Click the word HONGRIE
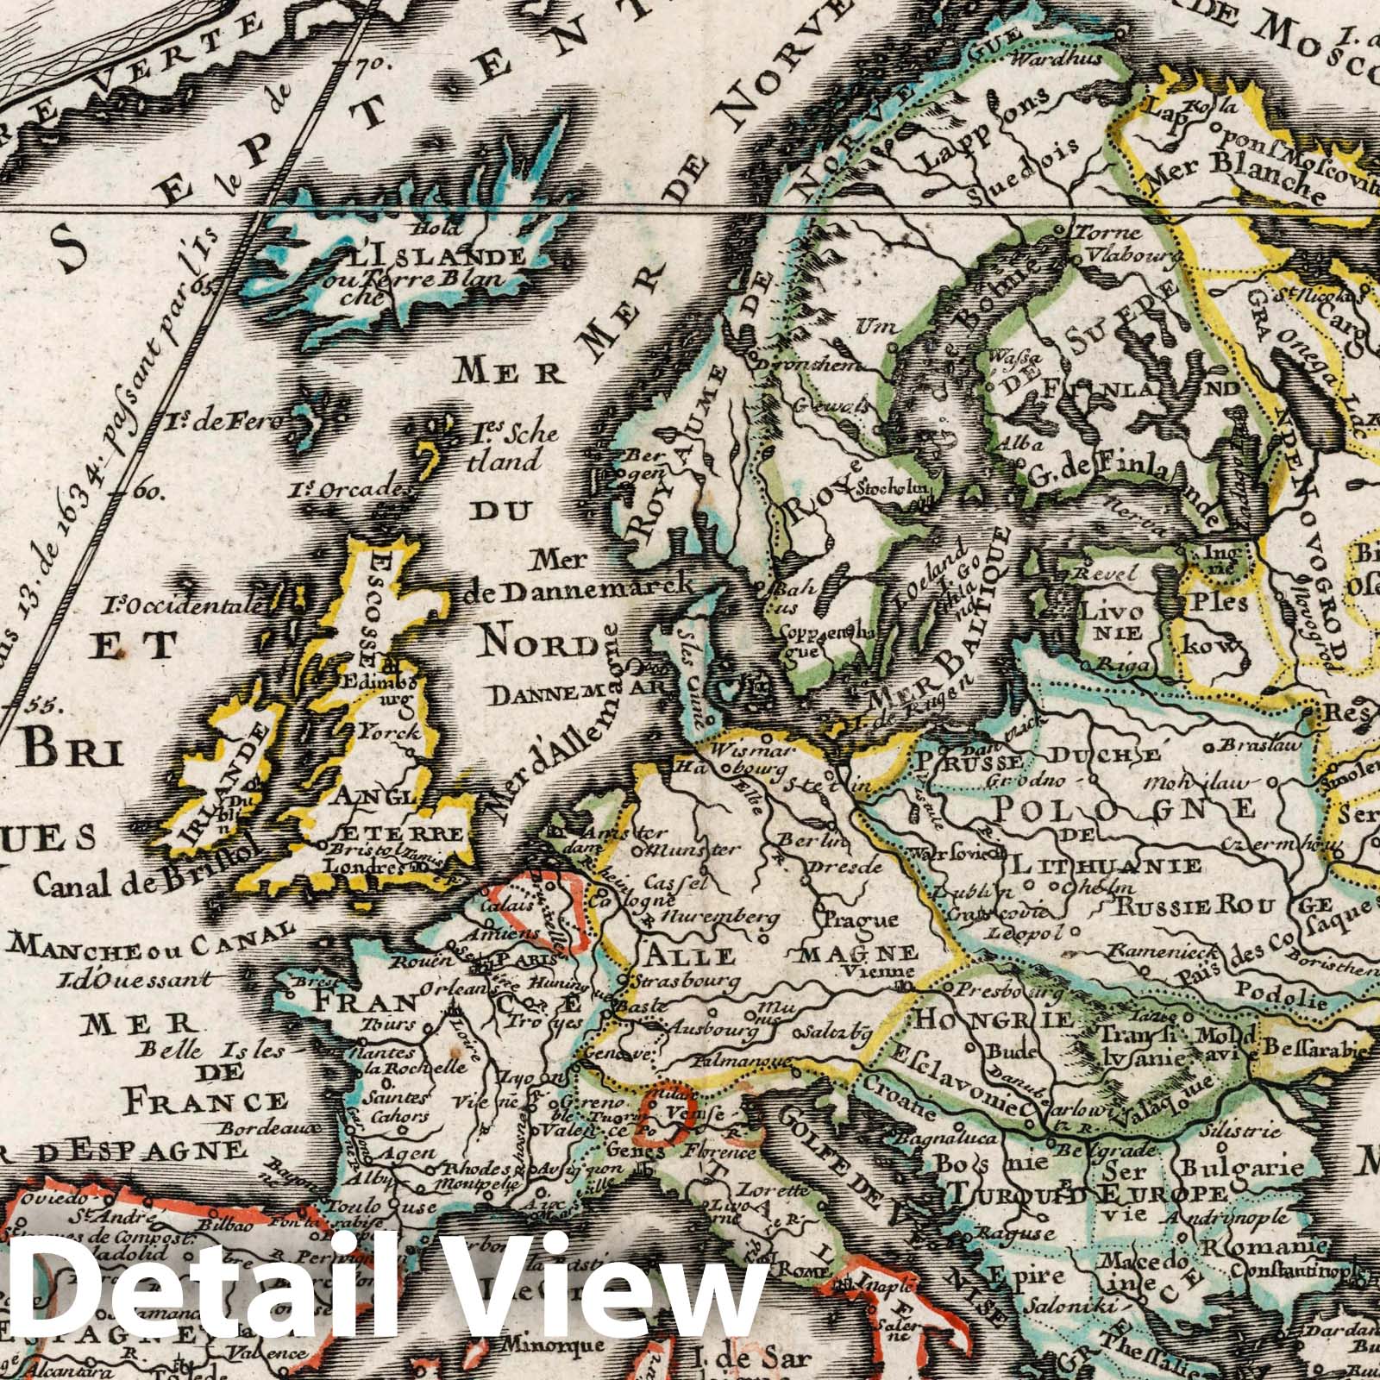(994, 1019)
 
